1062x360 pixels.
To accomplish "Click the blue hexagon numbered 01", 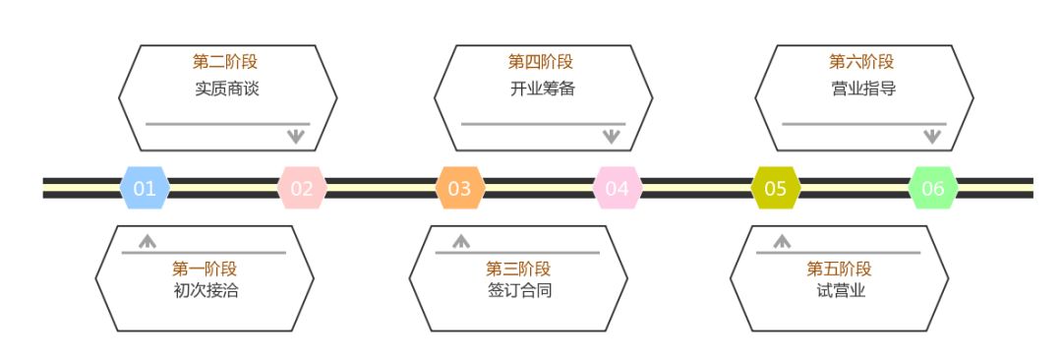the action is [x=145, y=188].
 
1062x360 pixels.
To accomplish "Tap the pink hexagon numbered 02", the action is [x=302, y=188].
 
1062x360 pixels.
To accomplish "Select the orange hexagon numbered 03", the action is [x=459, y=188].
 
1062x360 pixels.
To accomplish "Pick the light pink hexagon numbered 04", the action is [x=618, y=188].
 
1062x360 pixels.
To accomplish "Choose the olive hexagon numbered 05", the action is [x=776, y=188].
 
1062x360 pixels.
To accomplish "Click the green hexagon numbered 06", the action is [x=933, y=188].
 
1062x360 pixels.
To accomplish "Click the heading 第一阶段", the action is [x=205, y=269].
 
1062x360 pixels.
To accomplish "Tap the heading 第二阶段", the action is [x=227, y=62].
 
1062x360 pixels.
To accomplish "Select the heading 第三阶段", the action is [x=518, y=269].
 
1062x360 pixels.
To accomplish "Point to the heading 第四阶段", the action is [x=542, y=62].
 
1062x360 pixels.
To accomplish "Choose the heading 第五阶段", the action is [x=840, y=269].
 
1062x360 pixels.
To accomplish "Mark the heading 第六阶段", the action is [x=862, y=62].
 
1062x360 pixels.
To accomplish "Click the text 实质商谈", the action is [x=227, y=88].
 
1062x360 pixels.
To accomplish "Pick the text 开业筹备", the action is [x=542, y=88].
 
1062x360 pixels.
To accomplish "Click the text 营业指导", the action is [x=862, y=88].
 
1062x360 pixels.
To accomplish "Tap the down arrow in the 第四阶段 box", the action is [x=611, y=137].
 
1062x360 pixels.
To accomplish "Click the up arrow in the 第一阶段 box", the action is [x=147, y=239].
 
